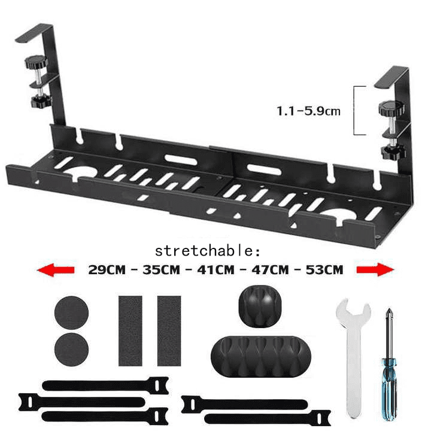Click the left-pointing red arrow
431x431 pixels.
click(55, 270)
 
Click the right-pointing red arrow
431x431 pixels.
click(375, 270)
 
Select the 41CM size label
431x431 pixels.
click(216, 270)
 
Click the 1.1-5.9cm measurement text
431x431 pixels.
click(308, 111)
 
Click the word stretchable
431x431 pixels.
click(208, 250)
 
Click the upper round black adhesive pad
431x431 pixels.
click(71, 312)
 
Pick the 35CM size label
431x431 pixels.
click(161, 270)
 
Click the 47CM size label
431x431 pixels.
click(271, 270)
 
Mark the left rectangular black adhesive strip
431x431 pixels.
click(130, 330)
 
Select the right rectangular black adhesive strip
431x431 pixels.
click(169, 330)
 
